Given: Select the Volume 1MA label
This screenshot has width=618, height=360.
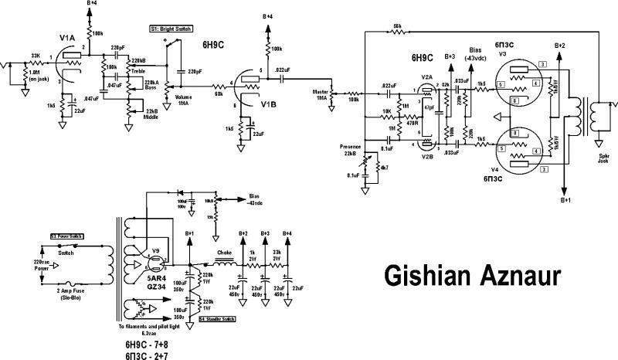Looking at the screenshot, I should point(182,100).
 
